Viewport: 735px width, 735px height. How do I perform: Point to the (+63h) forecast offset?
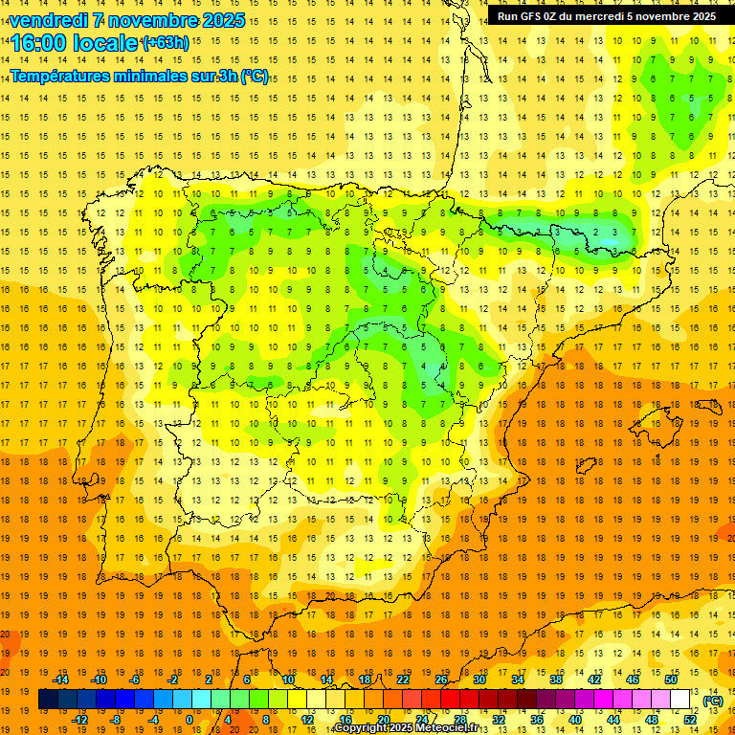pos(166,43)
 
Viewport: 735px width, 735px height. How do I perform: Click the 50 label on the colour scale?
pos(671,679)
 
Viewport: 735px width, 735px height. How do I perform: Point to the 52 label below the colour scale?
pos(690,720)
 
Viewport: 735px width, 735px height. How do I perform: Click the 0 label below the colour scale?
pos(189,720)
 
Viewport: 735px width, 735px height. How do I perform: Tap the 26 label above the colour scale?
pos(441,679)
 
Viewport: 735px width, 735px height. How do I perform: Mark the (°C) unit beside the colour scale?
pos(712,701)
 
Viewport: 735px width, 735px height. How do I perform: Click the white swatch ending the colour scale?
pos(680,700)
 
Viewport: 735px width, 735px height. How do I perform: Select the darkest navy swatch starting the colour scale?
pos(48,700)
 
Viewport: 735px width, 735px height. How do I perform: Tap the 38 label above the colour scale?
pos(556,679)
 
